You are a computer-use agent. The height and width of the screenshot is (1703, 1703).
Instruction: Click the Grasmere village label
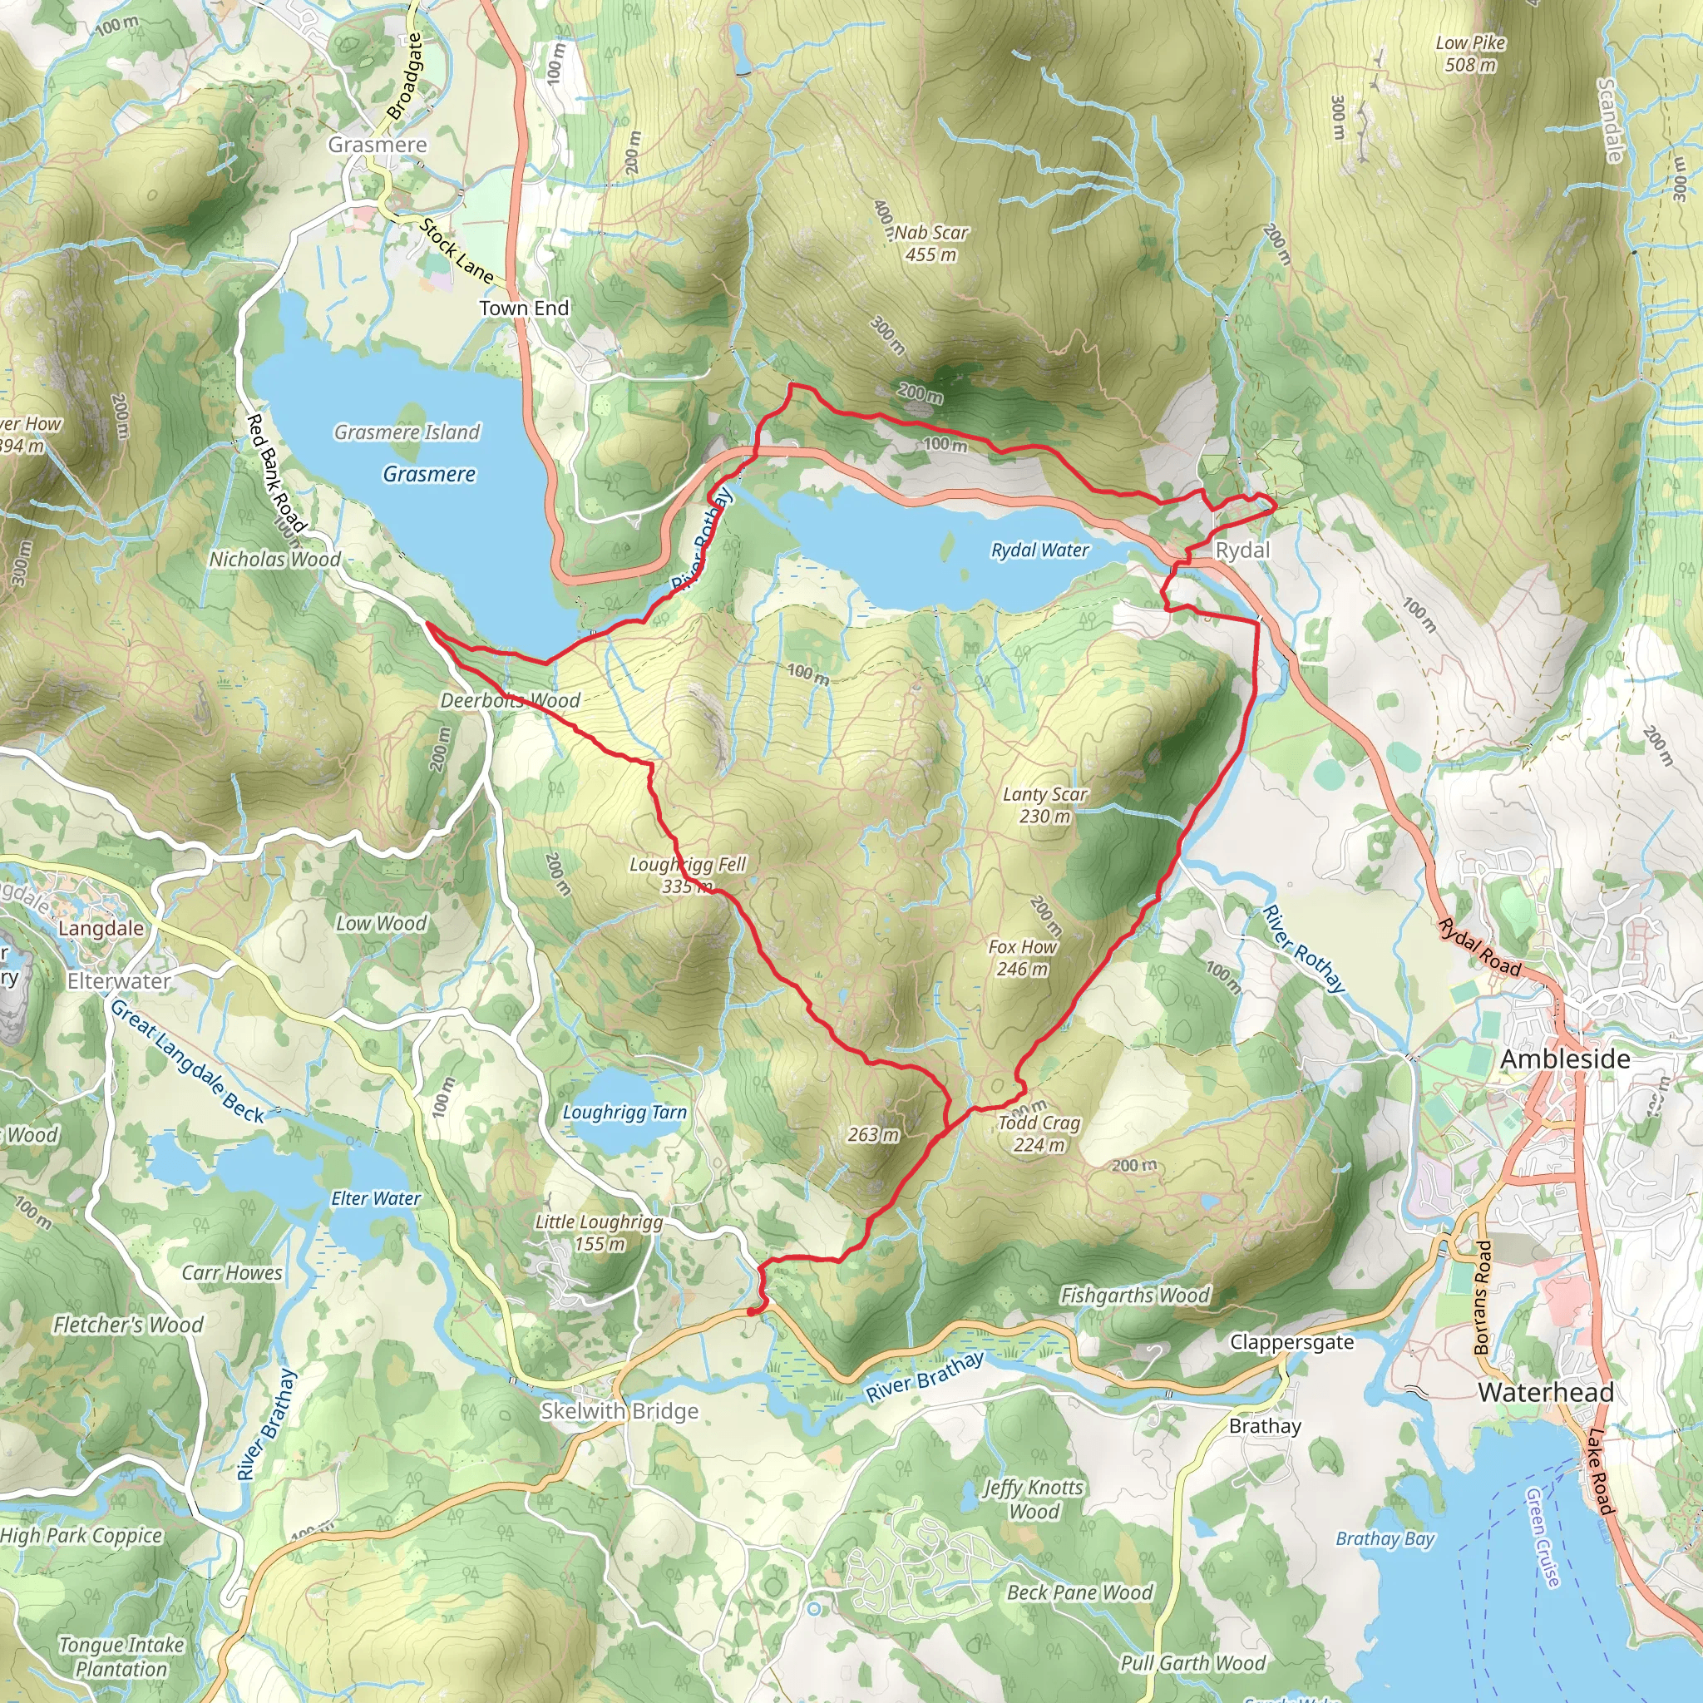tap(378, 145)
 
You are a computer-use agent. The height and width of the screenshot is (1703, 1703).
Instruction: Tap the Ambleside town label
tap(1565, 1059)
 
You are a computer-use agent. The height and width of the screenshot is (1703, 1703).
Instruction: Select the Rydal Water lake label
tap(1040, 550)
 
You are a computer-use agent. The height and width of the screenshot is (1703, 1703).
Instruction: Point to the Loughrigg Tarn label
tap(624, 1113)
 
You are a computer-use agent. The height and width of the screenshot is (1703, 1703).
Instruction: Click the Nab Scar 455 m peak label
tap(930, 244)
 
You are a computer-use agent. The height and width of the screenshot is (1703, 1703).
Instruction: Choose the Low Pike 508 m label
tap(1470, 53)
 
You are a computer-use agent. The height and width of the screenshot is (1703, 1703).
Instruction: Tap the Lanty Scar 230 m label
tap(1045, 805)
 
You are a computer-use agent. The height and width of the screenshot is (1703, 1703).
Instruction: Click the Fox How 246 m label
tap(1023, 957)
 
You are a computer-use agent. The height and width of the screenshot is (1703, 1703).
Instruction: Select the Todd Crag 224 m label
tap(1039, 1133)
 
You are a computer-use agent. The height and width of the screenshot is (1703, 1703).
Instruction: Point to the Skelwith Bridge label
tap(619, 1411)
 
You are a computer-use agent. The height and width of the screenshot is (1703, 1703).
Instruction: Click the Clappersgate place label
tap(1291, 1342)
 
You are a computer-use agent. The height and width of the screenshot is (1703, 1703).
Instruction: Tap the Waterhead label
tap(1546, 1393)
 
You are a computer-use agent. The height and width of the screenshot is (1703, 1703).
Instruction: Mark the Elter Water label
tap(376, 1198)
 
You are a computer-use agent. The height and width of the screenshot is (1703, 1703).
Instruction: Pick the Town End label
tap(524, 308)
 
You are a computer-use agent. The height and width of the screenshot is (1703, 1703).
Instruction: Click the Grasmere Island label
tap(407, 432)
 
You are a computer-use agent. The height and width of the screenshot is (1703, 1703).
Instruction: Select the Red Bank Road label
tap(275, 472)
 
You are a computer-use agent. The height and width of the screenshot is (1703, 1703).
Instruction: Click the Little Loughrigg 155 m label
tap(600, 1232)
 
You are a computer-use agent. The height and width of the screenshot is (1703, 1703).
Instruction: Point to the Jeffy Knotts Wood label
tap(1033, 1498)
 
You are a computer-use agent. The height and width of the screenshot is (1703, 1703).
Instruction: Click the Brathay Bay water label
tap(1385, 1538)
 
